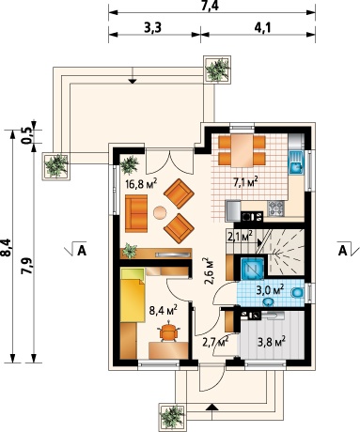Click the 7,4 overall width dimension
211,6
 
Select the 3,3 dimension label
152,28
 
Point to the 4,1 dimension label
261,28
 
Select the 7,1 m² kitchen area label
246,181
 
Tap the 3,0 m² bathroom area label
270,290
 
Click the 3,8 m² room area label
272,342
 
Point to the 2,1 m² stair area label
241,236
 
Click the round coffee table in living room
160,212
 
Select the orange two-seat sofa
136,213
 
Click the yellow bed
133,295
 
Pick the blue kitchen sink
295,162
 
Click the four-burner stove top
276,208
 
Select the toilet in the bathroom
297,293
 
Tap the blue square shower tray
252,268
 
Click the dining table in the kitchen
242,150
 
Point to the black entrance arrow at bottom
212,407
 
